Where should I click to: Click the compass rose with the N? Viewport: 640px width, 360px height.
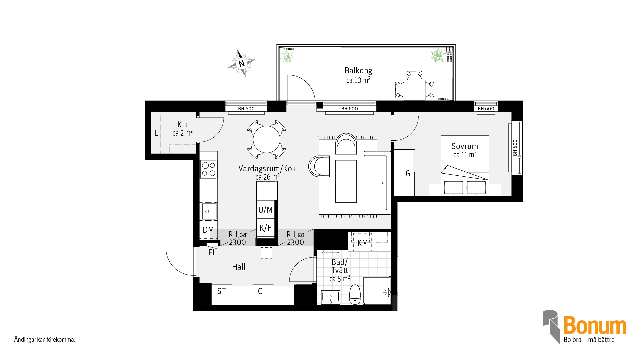coord(242,63)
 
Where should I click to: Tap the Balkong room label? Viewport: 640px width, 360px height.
coord(358,71)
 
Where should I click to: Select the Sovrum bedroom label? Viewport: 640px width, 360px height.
coord(465,146)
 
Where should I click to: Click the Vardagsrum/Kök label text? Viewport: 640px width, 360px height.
coord(267,169)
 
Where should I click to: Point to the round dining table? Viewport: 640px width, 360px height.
coord(267,139)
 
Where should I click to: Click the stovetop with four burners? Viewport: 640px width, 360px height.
coord(208,169)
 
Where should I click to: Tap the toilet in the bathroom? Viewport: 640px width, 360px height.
coord(355,295)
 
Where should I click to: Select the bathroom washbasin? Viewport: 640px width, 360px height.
coord(331,297)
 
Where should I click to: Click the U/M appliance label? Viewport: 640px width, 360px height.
coord(265,210)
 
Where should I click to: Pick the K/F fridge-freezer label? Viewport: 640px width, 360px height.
coord(265,228)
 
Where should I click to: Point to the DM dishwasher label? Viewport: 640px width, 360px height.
coord(208,230)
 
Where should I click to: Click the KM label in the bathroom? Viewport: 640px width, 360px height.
coord(363,243)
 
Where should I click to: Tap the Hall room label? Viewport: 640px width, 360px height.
coord(239,267)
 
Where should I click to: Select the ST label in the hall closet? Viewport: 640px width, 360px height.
coord(221,291)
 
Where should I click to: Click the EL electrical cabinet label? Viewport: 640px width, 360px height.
coord(212,253)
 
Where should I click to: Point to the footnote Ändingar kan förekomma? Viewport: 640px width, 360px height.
coord(45,340)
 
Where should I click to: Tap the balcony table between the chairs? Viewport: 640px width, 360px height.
coord(415,90)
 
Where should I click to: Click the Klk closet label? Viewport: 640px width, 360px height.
coord(182,125)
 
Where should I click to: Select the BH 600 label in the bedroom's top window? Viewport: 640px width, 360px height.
coord(486,109)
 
